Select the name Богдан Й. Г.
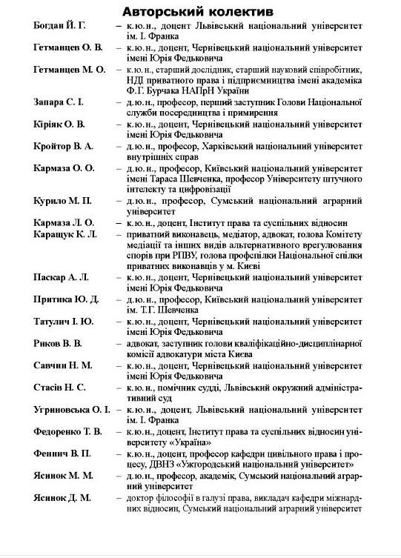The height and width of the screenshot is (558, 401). (60, 26)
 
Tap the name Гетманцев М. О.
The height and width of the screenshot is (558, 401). (70, 70)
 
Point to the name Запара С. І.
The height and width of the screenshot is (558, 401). (59, 102)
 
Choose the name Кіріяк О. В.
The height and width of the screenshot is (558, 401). (59, 124)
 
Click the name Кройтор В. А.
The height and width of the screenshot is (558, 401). (63, 147)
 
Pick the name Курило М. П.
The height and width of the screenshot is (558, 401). (62, 201)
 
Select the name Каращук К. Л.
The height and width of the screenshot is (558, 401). (65, 233)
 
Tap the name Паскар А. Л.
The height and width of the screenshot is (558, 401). (61, 277)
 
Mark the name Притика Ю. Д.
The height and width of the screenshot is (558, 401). (66, 299)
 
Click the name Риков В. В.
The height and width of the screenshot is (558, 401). (58, 343)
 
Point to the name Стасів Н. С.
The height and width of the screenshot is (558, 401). (59, 387)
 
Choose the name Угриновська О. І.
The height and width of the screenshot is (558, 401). (71, 409)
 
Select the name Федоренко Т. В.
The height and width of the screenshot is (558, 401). (68, 431)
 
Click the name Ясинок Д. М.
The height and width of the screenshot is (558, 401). (62, 497)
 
